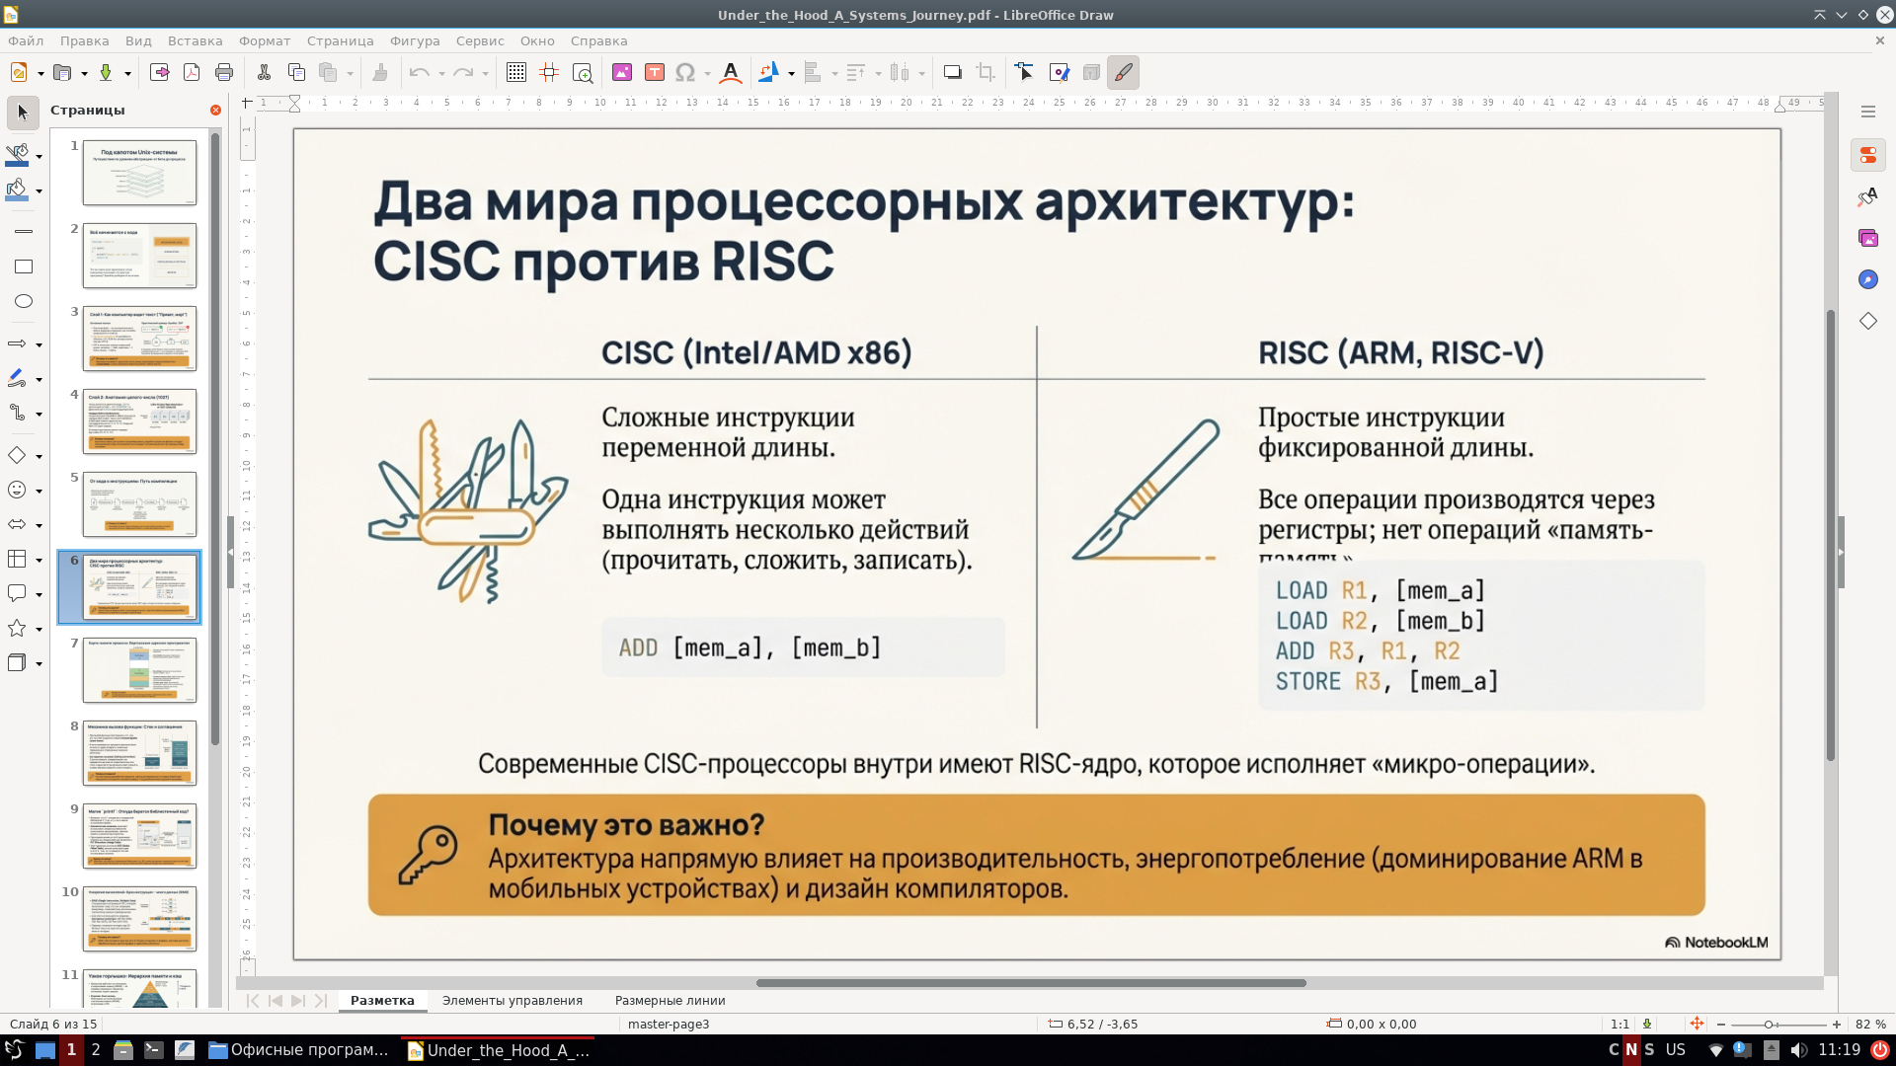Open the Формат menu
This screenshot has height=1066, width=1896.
(x=264, y=40)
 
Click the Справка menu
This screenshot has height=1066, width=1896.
(x=598, y=40)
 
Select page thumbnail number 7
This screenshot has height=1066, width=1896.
(x=139, y=669)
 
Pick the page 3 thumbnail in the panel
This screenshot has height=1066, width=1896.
(x=139, y=338)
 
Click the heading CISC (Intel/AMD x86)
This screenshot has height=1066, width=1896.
(x=756, y=352)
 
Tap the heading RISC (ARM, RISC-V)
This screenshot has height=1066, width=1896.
(x=1400, y=352)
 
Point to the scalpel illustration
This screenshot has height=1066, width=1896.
(x=1145, y=491)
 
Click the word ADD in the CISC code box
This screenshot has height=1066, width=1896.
(x=638, y=647)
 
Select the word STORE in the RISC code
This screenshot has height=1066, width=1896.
(x=1307, y=681)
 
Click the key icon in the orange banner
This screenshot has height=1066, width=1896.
(x=428, y=855)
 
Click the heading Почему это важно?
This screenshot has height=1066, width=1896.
(x=626, y=825)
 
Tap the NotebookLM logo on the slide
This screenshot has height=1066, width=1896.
(x=1716, y=943)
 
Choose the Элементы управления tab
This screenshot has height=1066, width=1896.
(x=512, y=1000)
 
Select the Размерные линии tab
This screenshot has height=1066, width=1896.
(x=670, y=1000)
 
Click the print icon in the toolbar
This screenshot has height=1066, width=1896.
(x=224, y=72)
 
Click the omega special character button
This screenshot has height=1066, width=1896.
(x=685, y=72)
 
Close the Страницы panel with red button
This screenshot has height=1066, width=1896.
(x=215, y=110)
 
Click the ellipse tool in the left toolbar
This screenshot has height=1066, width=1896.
(x=24, y=301)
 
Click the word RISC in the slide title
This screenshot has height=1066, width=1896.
(x=772, y=263)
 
